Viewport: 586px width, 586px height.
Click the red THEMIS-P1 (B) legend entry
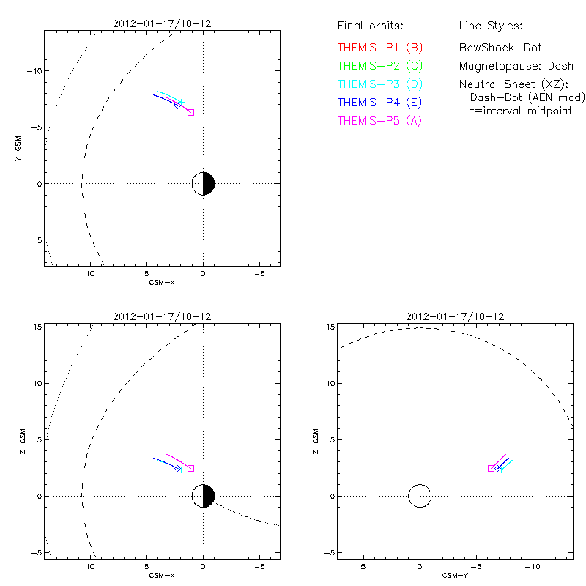379,48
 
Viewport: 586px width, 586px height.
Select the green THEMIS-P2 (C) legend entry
379,67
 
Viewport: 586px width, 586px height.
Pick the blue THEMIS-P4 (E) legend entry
379,103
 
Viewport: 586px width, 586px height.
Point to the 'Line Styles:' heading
490,26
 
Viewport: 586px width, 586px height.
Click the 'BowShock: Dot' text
500,48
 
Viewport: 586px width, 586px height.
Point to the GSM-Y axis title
454,576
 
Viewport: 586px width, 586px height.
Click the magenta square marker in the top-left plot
190,112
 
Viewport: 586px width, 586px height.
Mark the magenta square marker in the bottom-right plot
491,468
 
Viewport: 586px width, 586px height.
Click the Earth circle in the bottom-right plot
420,496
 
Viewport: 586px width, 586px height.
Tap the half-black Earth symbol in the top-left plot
203,183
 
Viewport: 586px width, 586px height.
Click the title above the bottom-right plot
454,316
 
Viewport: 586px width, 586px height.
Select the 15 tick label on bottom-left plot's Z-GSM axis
35,327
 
